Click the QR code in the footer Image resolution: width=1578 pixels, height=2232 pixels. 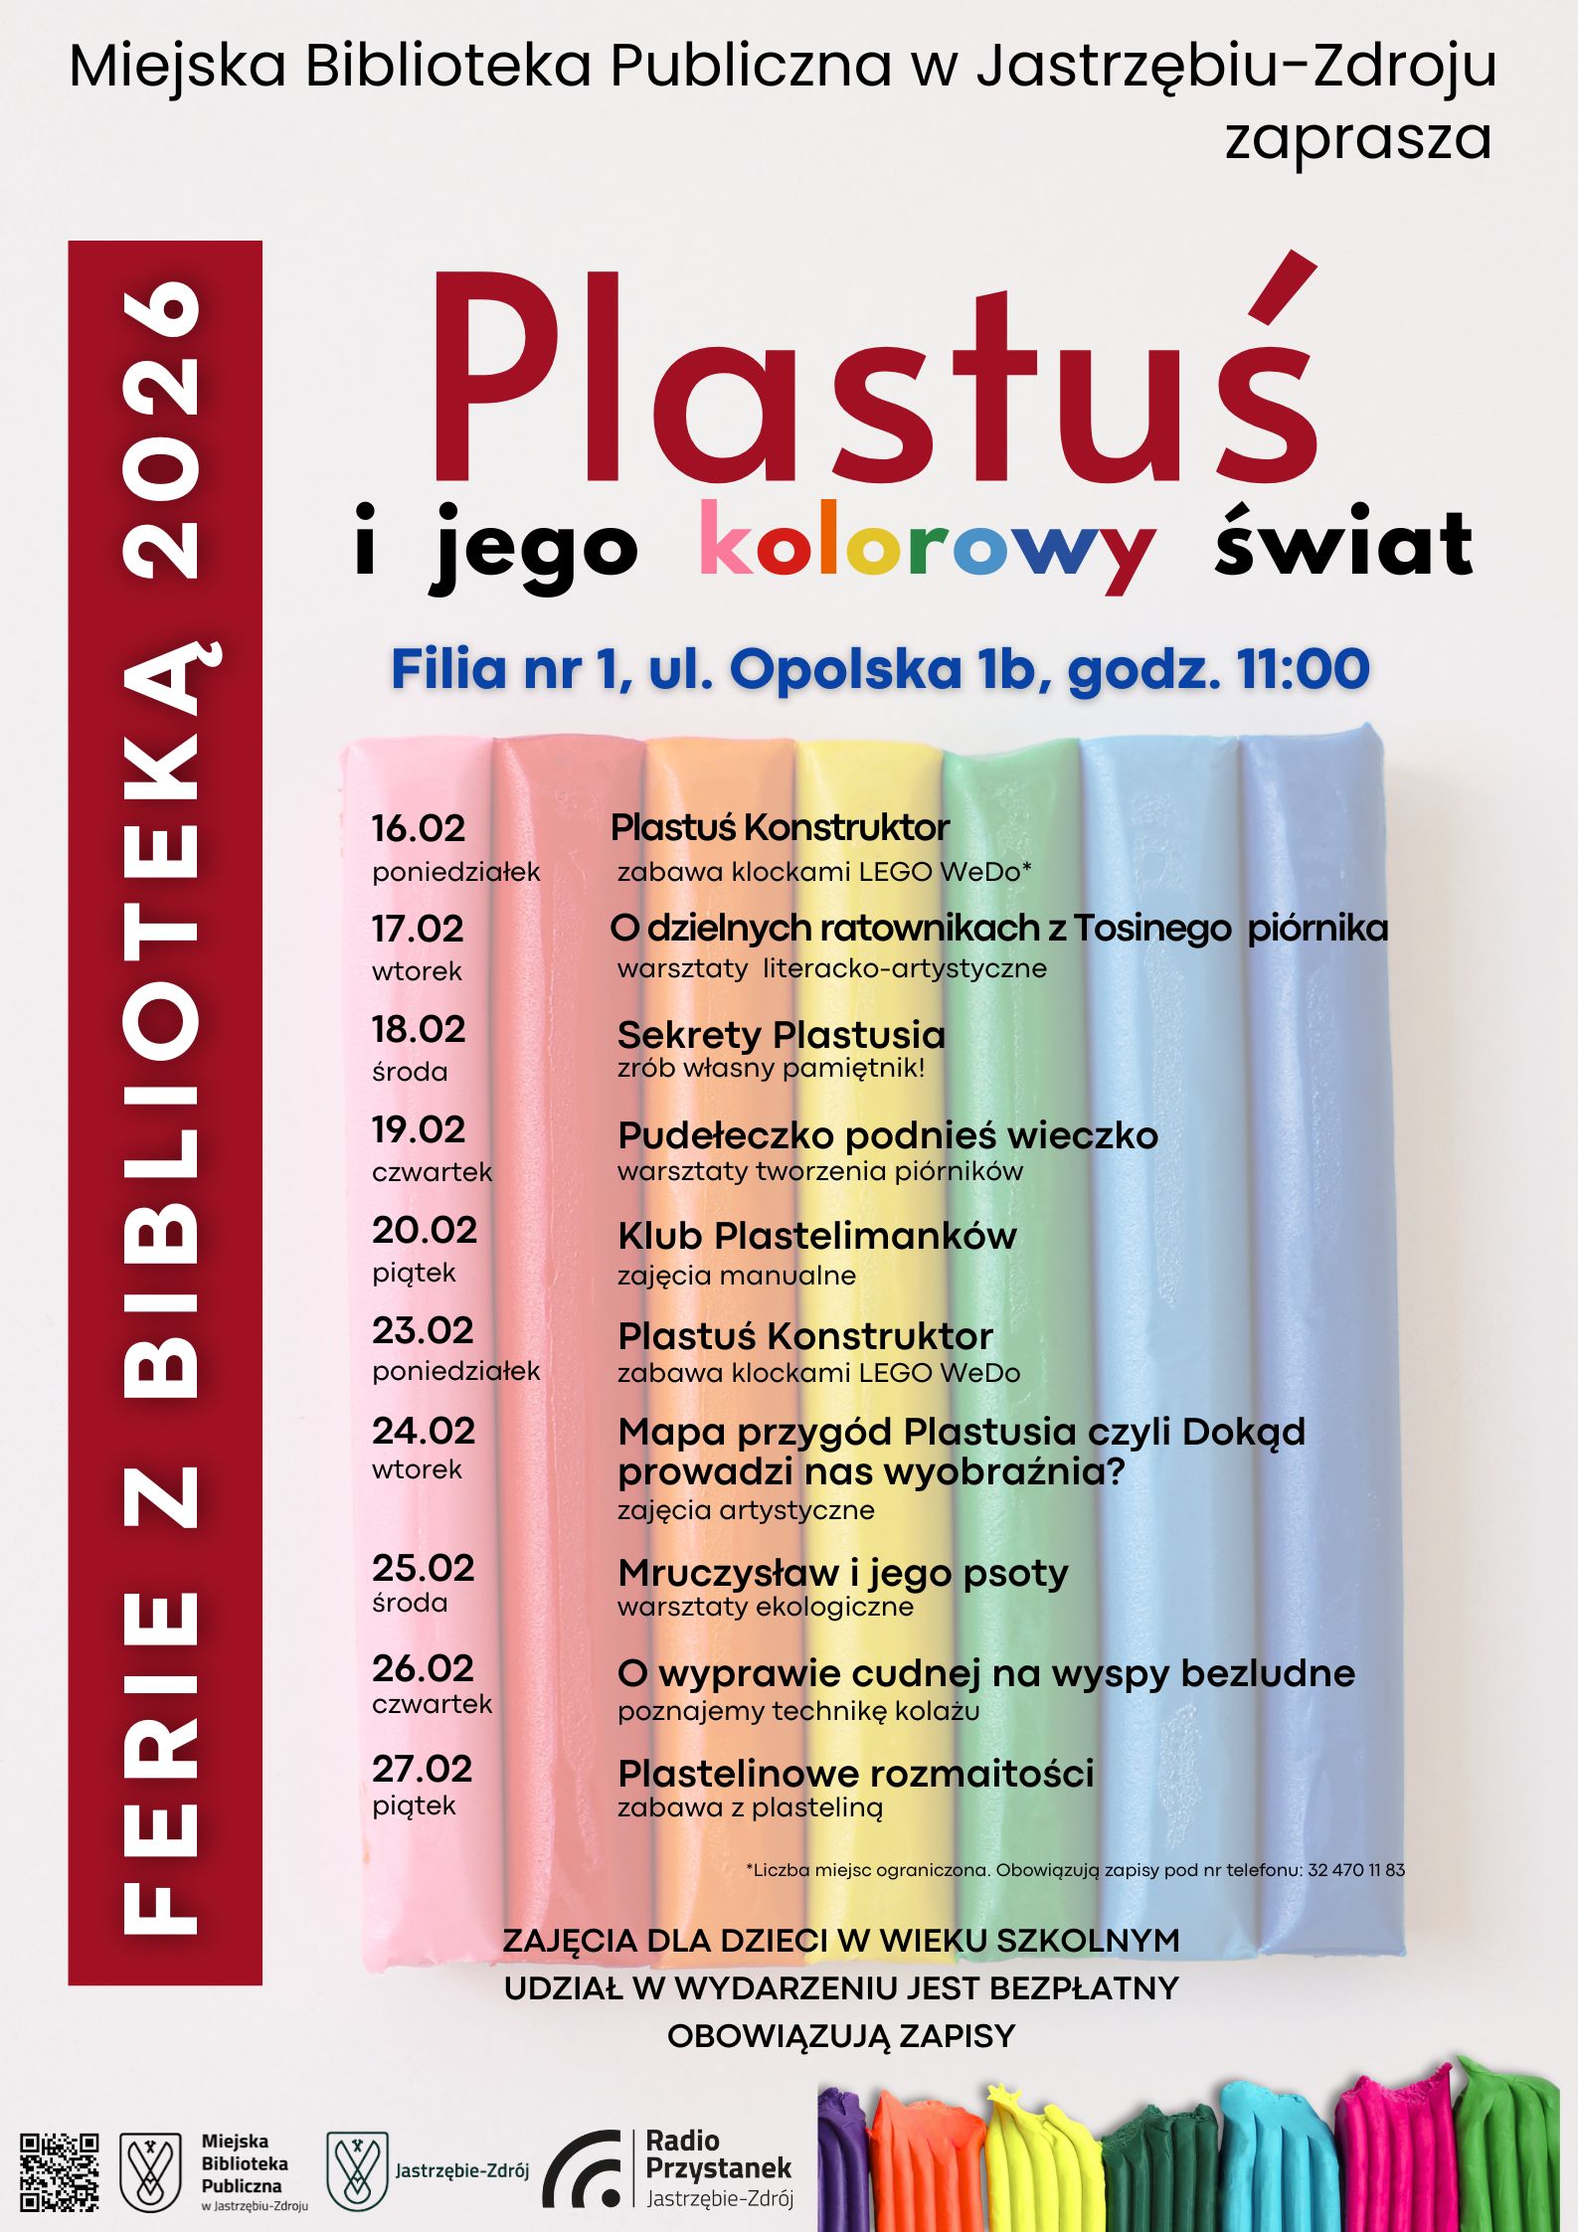coord(60,2171)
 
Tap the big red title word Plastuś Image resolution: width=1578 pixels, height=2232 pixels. coord(875,378)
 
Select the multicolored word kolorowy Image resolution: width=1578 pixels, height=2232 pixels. coord(927,547)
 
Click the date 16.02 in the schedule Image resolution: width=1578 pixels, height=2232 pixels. coord(419,828)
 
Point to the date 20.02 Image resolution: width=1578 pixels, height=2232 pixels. coord(425,1230)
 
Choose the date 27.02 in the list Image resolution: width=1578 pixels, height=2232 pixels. coord(423,1769)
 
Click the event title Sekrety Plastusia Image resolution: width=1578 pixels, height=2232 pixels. coord(781,1035)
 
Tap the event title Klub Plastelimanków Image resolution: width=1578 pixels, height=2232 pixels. coord(817,1236)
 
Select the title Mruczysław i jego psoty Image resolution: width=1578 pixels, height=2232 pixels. coord(843,1573)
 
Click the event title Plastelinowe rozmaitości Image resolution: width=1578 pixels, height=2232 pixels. coord(855,1774)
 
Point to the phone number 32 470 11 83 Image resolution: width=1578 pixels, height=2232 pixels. coord(1356,1870)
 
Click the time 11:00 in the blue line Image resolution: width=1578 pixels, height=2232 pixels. coord(1304,669)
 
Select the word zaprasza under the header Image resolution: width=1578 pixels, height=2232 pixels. coord(1358,139)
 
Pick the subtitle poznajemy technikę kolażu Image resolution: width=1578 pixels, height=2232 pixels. coord(798,1711)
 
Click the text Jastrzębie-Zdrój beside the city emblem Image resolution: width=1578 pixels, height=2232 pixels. coord(461,2170)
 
